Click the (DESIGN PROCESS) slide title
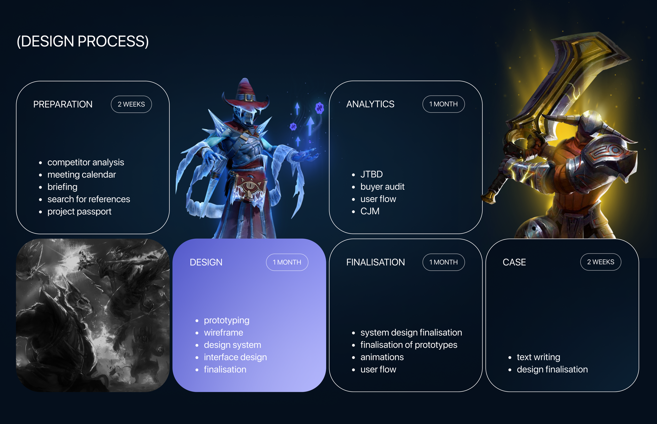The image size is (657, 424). [83, 41]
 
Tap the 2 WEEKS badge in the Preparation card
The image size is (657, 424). [131, 104]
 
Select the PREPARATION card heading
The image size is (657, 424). [63, 104]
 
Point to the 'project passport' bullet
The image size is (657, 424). [79, 211]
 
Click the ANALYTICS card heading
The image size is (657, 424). [370, 104]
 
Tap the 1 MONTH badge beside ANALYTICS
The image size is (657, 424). [443, 104]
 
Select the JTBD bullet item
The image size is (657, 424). [372, 174]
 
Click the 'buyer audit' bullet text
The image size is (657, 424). [382, 187]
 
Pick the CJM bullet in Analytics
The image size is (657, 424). [370, 211]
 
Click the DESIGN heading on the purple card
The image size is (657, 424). [206, 262]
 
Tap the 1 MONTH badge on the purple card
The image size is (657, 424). [287, 262]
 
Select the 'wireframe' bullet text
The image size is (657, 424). [223, 333]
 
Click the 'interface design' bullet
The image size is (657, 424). [235, 357]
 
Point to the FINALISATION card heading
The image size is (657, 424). [375, 262]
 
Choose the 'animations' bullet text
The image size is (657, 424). [382, 357]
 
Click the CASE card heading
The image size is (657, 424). [514, 262]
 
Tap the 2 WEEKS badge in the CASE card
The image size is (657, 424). [601, 262]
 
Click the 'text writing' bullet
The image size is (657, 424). [538, 357]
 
